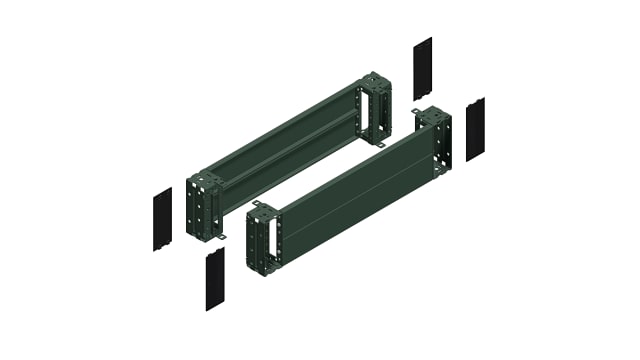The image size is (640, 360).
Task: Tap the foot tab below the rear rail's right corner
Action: tap(380, 147)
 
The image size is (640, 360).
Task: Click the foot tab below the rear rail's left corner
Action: tap(222, 236)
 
